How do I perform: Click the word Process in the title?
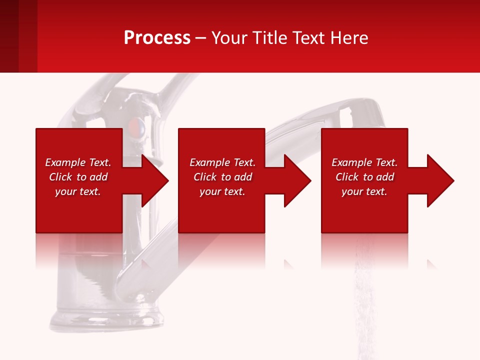coord(157,38)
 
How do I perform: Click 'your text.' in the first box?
coord(78,191)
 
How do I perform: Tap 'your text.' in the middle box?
coord(222,191)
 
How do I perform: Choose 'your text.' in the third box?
coord(364,191)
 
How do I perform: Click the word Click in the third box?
coord(347,177)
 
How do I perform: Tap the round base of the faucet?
coord(107,320)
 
